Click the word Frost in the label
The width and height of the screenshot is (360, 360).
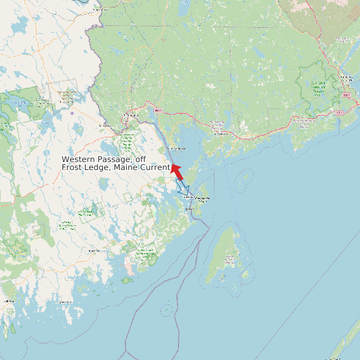click(73, 167)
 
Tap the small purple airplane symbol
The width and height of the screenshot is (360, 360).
click(72, 113)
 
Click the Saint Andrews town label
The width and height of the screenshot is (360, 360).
click(175, 148)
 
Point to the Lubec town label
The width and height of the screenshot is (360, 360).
click(191, 209)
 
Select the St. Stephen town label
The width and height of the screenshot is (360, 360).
click(132, 116)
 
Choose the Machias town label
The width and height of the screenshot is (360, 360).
click(93, 251)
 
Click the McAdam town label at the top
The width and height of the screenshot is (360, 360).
click(100, 10)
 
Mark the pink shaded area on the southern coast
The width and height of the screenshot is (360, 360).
click(130, 269)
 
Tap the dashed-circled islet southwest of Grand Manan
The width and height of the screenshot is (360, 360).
click(166, 308)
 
